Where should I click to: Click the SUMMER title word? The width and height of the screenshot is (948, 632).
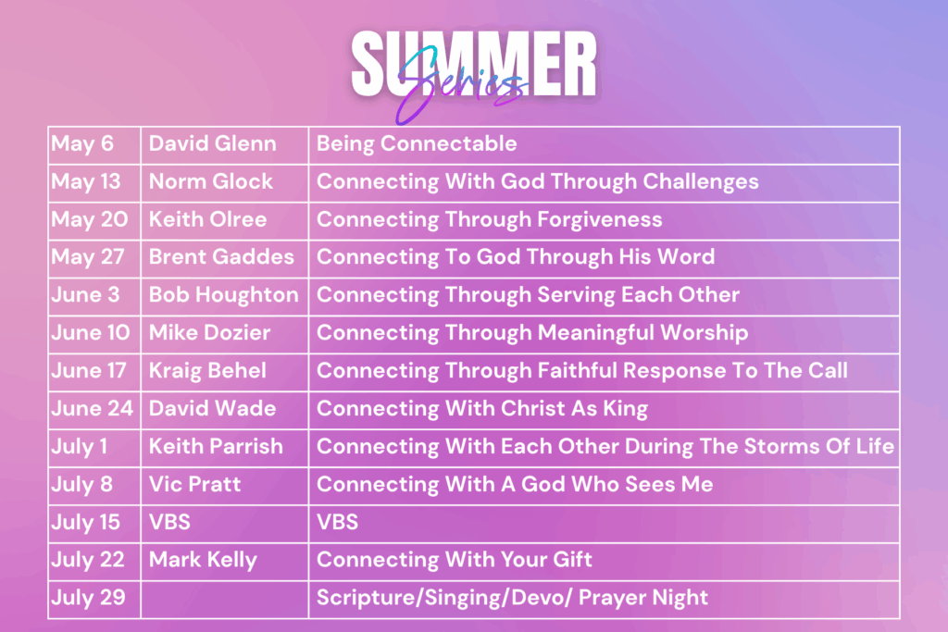[474, 64]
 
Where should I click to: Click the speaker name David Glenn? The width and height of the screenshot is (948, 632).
[212, 143]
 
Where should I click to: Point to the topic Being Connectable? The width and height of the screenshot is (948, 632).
[417, 143]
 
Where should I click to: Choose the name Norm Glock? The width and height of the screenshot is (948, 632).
[210, 181]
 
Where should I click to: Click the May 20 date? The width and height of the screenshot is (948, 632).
[90, 220]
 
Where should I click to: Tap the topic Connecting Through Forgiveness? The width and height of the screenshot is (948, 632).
[489, 220]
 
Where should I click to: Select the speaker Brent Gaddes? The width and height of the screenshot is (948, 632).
[221, 257]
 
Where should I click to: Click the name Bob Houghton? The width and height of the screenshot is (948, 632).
[224, 295]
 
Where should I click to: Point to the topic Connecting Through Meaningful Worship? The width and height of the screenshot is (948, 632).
[532, 333]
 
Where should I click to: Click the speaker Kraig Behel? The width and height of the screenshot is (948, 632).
[207, 371]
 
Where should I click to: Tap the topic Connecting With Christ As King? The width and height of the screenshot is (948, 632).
[481, 409]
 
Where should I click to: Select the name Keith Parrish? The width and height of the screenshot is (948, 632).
[216, 447]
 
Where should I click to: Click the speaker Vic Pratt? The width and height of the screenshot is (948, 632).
[194, 484]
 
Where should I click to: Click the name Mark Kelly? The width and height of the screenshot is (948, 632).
[203, 560]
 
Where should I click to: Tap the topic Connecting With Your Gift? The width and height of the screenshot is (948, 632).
[454, 560]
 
